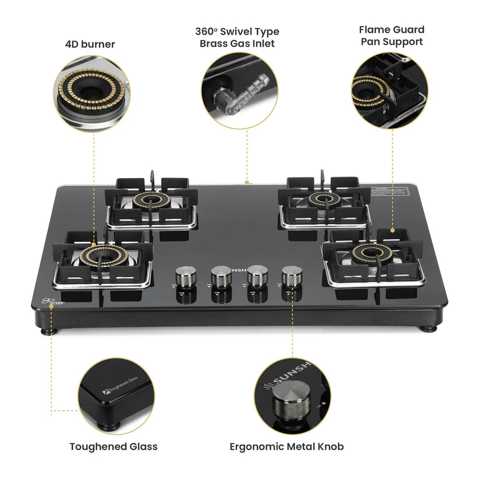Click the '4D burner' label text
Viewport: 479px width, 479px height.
[90, 44]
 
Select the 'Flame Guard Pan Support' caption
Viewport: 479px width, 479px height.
[391, 36]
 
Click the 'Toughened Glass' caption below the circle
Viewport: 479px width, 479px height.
[113, 446]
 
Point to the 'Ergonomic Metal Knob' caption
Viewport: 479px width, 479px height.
[286, 446]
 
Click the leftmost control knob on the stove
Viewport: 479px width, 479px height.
[186, 276]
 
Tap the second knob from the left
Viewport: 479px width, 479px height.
[221, 276]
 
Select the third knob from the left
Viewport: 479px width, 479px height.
[257, 275]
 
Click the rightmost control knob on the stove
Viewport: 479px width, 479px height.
[292, 275]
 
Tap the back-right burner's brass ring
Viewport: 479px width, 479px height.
[324, 200]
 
